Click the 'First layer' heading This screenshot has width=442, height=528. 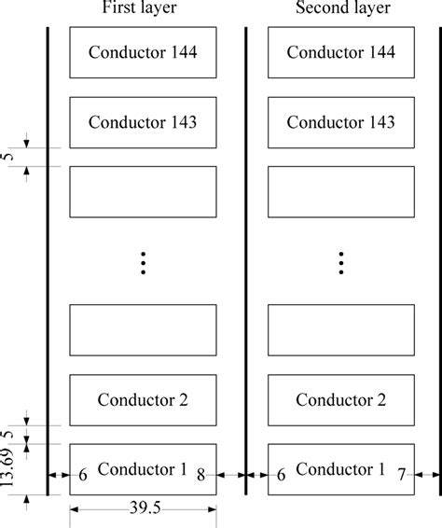143,10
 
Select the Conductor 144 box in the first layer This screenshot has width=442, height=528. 143,52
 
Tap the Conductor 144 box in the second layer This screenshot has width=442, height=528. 341,52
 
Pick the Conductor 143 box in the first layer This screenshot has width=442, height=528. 143,121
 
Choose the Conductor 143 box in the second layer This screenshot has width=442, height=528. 341,121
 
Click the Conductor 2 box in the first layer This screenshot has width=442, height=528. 143,400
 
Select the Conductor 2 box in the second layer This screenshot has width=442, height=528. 341,400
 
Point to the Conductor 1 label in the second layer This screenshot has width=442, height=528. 341,467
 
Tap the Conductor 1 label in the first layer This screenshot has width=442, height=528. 143,467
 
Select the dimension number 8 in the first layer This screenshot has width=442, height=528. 200,476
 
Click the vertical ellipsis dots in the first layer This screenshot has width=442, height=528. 143,264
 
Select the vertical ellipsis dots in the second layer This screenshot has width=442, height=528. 341,264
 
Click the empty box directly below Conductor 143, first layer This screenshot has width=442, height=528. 143,191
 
